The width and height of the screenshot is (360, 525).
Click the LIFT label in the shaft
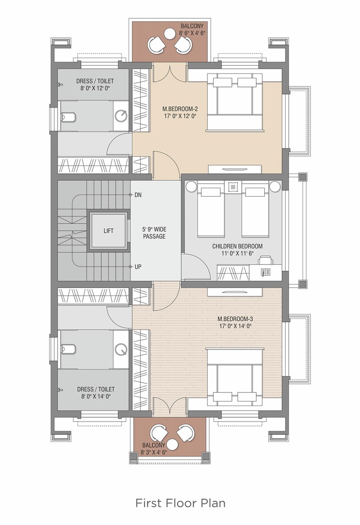(x=109, y=231)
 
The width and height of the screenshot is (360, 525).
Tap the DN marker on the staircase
(x=138, y=195)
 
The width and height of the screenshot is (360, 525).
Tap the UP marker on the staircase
(x=138, y=267)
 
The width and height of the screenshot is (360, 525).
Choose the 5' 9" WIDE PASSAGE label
(x=154, y=233)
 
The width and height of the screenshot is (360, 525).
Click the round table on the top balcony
(x=170, y=33)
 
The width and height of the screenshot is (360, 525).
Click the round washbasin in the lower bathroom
(x=121, y=348)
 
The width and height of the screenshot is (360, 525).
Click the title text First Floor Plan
(x=180, y=503)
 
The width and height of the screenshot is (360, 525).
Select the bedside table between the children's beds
(x=233, y=186)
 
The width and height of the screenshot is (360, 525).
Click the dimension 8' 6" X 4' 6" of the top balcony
(x=193, y=33)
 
